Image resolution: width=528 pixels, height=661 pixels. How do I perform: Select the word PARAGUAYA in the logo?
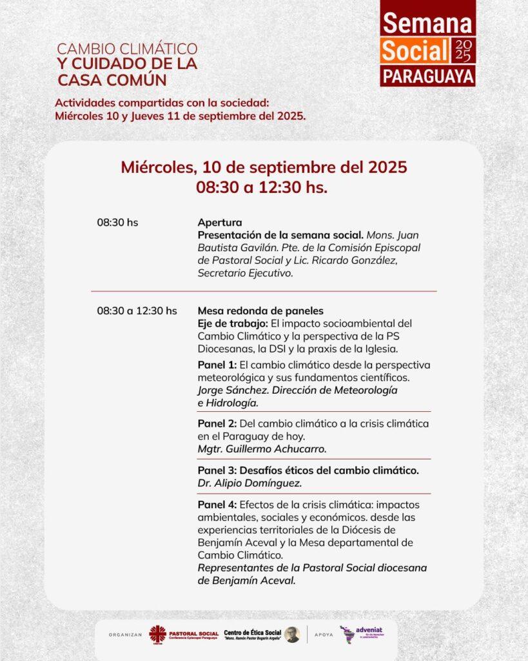tap(427, 76)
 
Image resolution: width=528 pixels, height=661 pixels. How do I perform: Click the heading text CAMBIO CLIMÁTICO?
tap(127, 49)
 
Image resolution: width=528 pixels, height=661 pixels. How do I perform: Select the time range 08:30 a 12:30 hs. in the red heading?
tap(263, 188)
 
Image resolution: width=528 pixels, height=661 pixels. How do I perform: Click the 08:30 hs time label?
tap(117, 223)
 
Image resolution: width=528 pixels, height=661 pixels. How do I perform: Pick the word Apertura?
tap(220, 223)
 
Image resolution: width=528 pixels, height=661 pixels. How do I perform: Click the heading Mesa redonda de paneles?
tap(260, 310)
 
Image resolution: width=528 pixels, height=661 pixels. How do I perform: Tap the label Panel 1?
tap(217, 365)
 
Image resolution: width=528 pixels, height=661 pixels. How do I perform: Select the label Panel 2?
tap(217, 423)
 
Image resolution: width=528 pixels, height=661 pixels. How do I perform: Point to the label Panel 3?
tap(217, 471)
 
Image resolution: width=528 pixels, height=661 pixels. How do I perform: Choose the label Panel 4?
tap(217, 505)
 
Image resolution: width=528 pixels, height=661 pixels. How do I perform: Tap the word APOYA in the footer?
tap(324, 635)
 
